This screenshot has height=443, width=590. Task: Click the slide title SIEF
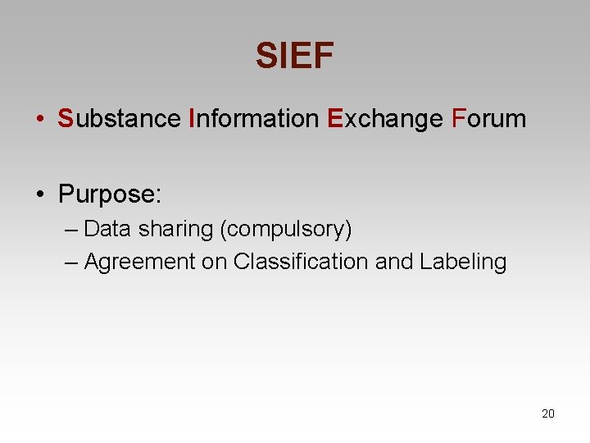click(294, 56)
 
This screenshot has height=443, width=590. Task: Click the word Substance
click(119, 119)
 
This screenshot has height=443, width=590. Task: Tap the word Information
click(253, 119)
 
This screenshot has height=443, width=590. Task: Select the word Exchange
click(384, 119)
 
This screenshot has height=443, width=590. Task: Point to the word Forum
click(488, 119)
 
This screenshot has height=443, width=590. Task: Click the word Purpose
click(110, 194)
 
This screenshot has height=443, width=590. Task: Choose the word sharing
click(175, 229)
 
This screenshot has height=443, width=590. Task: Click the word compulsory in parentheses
click(286, 229)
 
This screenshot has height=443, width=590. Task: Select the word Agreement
click(140, 262)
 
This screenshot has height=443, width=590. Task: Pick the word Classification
click(301, 262)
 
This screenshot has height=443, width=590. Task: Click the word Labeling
click(463, 262)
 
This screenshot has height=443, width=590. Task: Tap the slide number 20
click(548, 413)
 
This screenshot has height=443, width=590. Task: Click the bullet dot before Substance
click(40, 120)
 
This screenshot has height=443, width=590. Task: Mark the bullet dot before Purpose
click(40, 195)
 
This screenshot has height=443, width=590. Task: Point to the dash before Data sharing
click(71, 230)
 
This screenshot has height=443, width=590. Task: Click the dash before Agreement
click(71, 263)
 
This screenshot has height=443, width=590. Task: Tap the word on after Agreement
click(216, 262)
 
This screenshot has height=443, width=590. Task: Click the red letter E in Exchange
click(334, 119)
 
